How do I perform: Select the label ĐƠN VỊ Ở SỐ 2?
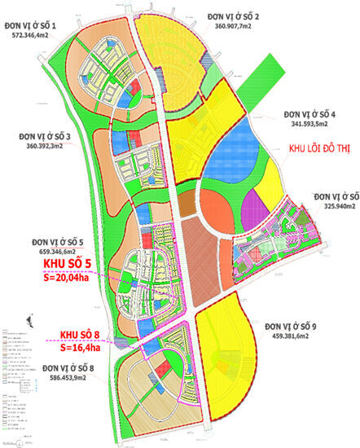(244, 16)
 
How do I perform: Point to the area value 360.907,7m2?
(244, 27)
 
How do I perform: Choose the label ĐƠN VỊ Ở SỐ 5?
(59, 242)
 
